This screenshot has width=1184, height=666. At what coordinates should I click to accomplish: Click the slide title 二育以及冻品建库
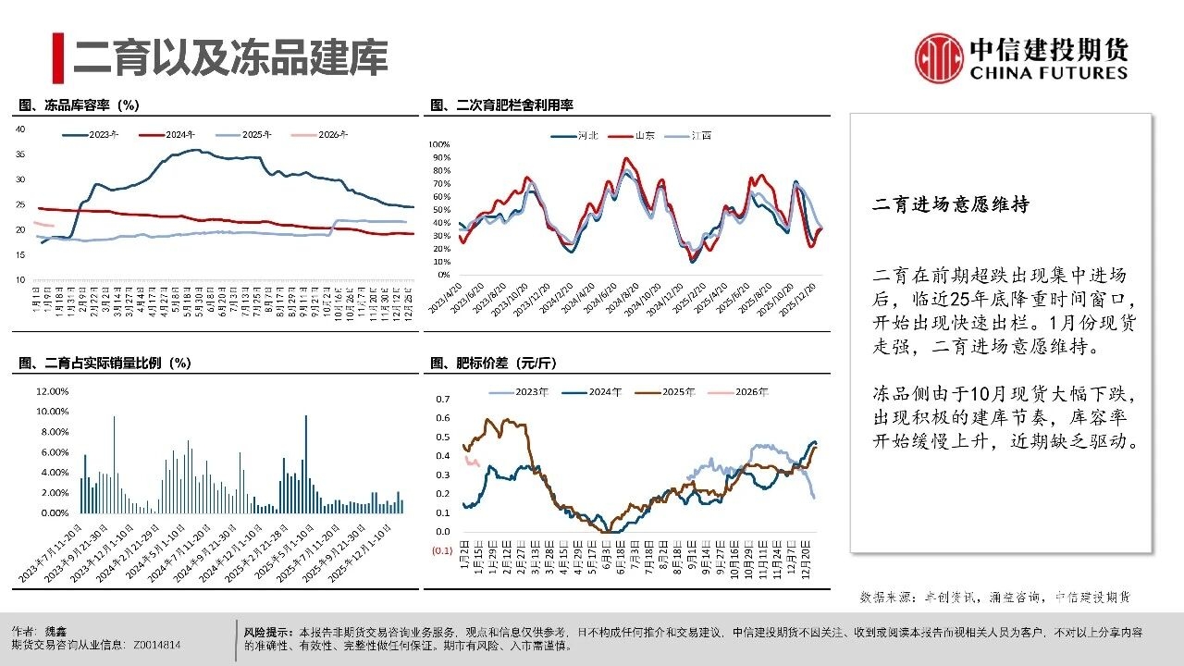click(x=230, y=56)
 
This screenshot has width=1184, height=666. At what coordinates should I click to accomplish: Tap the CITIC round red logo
click(x=940, y=58)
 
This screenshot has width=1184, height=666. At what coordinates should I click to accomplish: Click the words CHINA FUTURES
click(x=1049, y=73)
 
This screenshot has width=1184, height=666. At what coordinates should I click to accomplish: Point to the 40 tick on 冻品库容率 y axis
click(x=20, y=129)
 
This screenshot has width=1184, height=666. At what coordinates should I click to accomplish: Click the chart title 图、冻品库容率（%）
click(x=79, y=106)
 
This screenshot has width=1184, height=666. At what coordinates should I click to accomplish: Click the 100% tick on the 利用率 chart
click(x=438, y=145)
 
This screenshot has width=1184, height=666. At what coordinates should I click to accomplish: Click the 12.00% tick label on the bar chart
click(x=53, y=391)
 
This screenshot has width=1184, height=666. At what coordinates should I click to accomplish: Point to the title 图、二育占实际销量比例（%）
click(x=105, y=363)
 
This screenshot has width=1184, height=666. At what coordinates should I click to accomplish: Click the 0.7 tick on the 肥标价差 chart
click(x=441, y=399)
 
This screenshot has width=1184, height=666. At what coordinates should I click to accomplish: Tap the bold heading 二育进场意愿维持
click(x=951, y=205)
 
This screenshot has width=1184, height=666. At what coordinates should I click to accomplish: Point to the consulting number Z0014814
click(x=157, y=645)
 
